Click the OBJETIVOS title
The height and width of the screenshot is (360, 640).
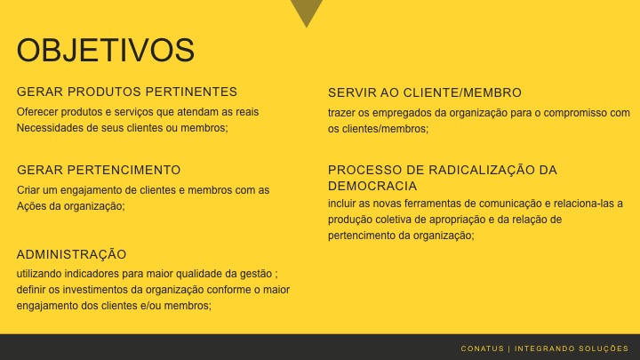click(106, 50)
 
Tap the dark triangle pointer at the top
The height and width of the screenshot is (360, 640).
click(307, 11)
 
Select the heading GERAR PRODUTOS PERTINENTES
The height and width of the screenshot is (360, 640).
click(127, 92)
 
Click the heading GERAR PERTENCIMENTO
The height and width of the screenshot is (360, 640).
click(99, 170)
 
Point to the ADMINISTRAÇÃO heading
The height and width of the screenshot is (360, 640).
click(72, 254)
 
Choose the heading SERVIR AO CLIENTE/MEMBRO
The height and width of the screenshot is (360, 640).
click(425, 92)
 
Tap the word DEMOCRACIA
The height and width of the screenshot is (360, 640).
click(372, 186)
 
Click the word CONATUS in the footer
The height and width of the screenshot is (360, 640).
click(483, 348)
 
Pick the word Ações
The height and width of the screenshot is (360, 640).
click(31, 205)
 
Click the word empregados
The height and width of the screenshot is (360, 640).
click(387, 113)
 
